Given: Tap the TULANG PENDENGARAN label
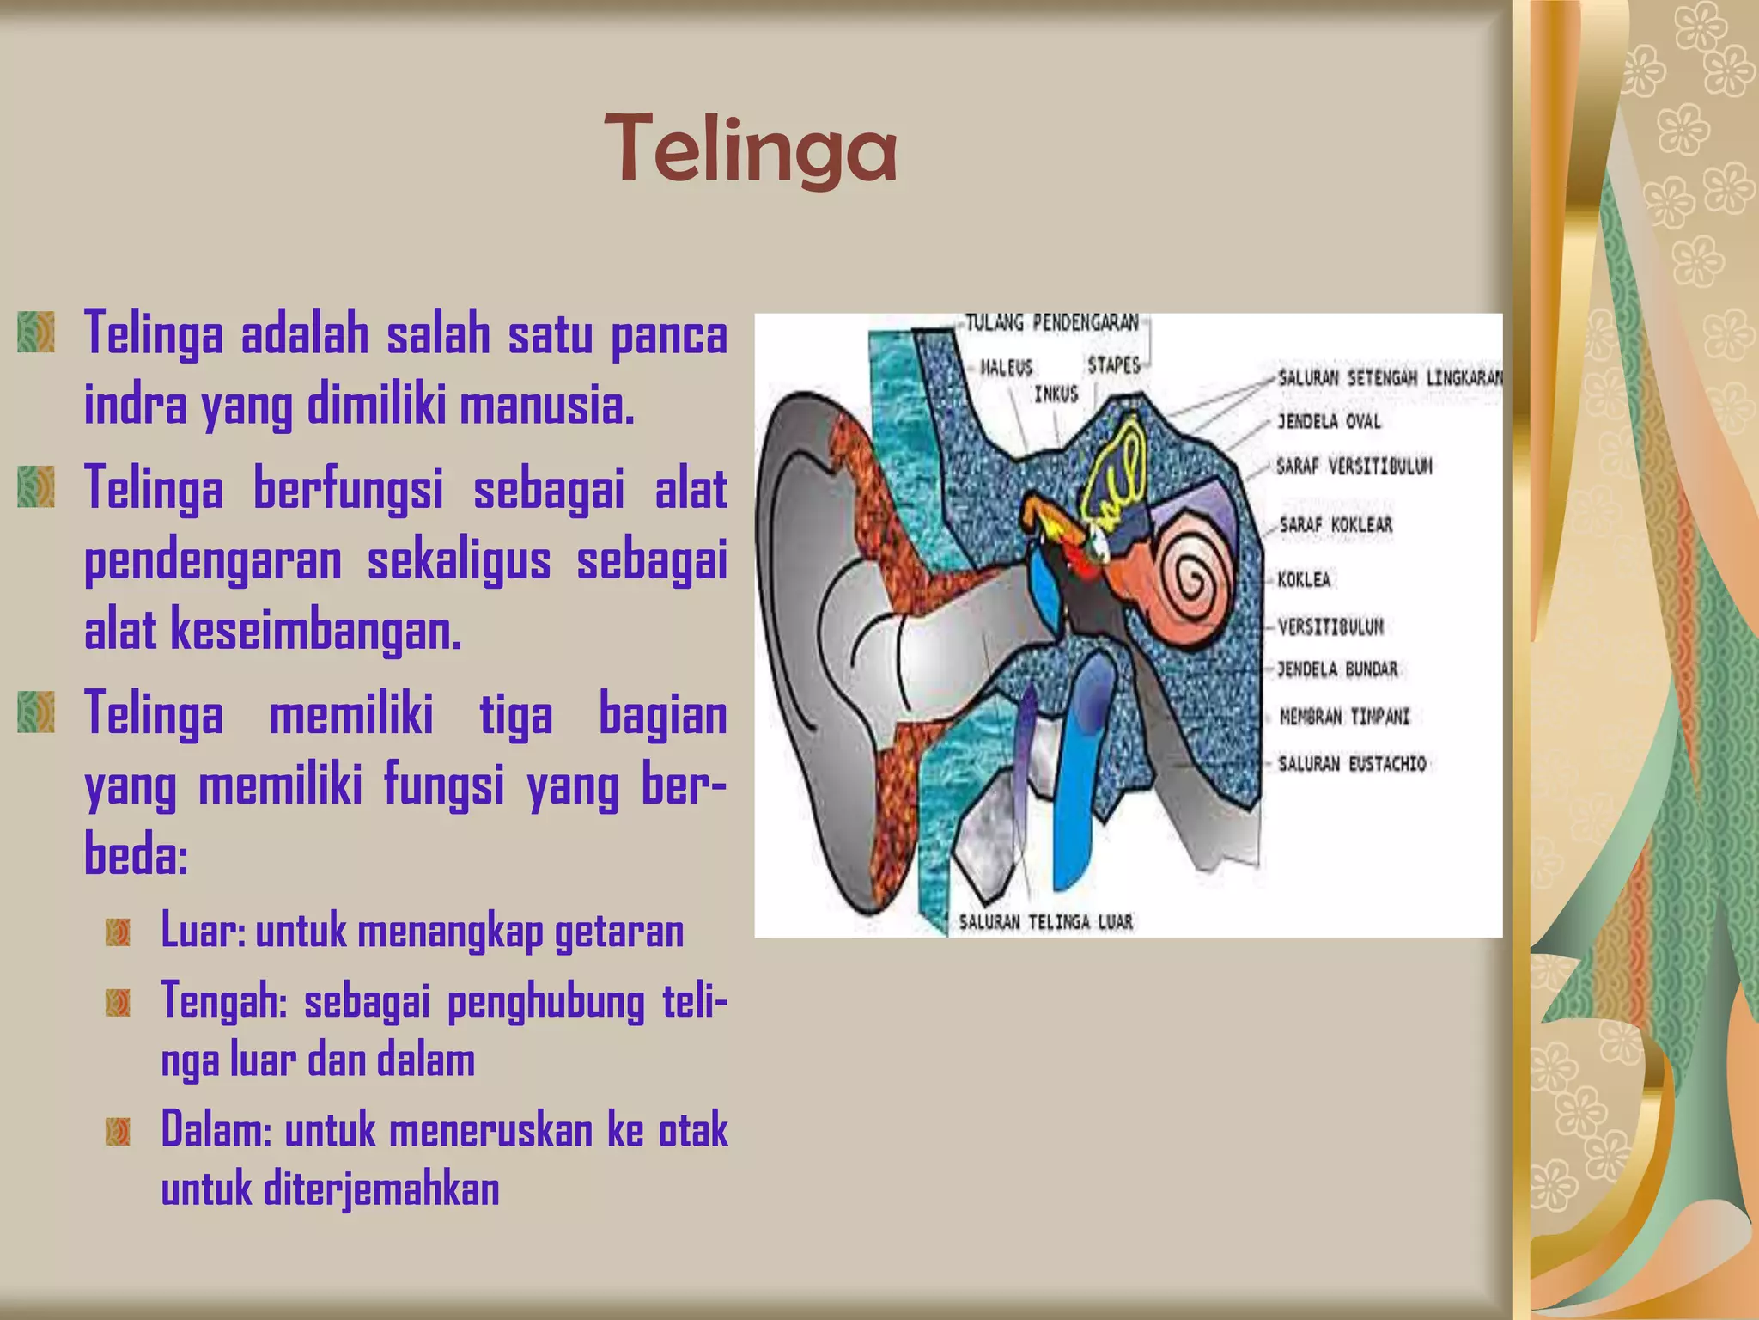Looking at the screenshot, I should (1051, 322).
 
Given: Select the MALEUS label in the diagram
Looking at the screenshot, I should (1007, 368).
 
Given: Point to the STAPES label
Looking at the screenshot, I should (1114, 365).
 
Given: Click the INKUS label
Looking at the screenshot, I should (1056, 394).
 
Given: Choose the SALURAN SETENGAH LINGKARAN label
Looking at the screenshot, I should (1390, 378).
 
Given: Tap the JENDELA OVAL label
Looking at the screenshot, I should (1329, 421).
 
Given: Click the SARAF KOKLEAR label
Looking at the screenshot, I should (1336, 524).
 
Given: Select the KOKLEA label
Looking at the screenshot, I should (1304, 579).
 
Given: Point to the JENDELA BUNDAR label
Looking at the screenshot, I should (1337, 669).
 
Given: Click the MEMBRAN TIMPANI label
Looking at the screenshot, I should (1344, 717).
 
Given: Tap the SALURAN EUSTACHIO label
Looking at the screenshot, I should (1352, 763).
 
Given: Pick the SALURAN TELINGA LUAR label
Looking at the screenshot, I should (1045, 922).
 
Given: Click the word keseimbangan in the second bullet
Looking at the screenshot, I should (316, 632).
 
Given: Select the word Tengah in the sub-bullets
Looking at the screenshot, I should (222, 1000).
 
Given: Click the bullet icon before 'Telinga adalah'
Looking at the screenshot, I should (36, 333).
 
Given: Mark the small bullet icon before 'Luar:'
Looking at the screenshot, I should (118, 932).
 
